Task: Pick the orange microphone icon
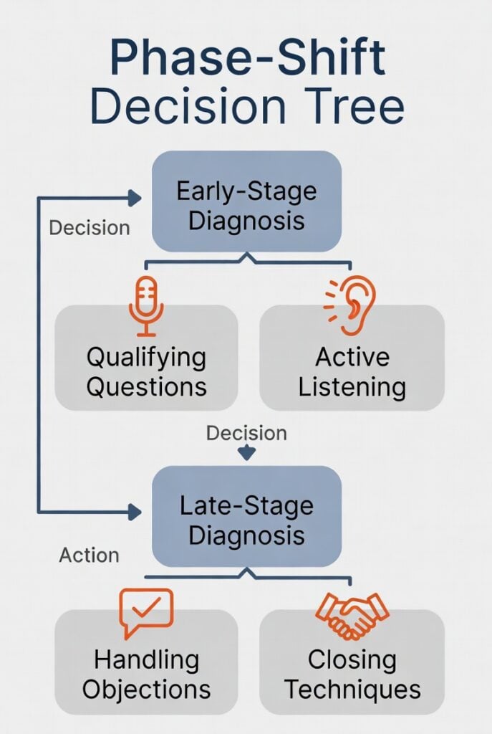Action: [x=146, y=305]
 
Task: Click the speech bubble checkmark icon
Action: [x=146, y=611]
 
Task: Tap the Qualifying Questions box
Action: [x=146, y=371]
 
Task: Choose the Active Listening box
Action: [x=352, y=371]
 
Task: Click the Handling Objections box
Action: [x=146, y=674]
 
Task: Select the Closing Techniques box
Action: [x=352, y=674]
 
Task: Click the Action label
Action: [x=89, y=556]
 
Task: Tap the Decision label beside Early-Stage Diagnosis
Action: [x=89, y=228]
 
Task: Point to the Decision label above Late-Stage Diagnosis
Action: [x=246, y=433]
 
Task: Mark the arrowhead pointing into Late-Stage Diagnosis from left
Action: [x=134, y=512]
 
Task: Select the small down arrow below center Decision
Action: [x=246, y=453]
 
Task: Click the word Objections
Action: [x=146, y=690]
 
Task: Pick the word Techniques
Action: [x=352, y=690]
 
